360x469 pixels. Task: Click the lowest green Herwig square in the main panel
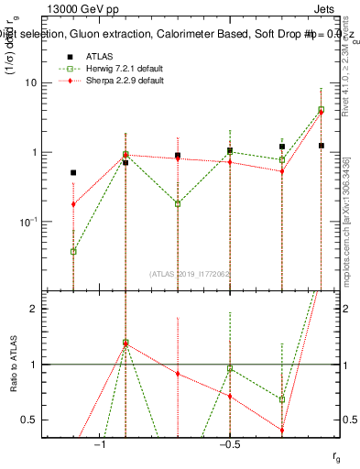tap(73, 251)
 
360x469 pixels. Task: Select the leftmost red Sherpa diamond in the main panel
tap(73, 204)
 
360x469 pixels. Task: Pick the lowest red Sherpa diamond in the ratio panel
tap(282, 431)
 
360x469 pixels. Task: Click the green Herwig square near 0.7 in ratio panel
tap(282, 399)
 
